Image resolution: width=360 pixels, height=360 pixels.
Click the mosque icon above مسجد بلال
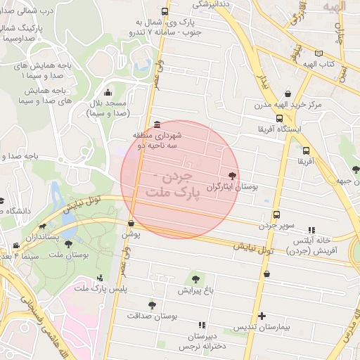[x=108, y=92]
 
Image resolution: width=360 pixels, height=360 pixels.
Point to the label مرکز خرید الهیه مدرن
[x=288, y=105]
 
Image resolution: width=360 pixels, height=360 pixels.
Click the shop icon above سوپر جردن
[x=276, y=214]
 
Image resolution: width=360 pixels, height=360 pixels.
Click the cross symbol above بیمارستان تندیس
[x=262, y=316]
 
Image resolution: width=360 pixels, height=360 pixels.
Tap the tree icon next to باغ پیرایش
[x=195, y=278]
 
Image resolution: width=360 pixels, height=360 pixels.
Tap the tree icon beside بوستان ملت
[x=68, y=244]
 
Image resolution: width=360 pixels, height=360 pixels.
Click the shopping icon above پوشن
[x=131, y=223]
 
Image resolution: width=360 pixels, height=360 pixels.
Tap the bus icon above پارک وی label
[x=165, y=11]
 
